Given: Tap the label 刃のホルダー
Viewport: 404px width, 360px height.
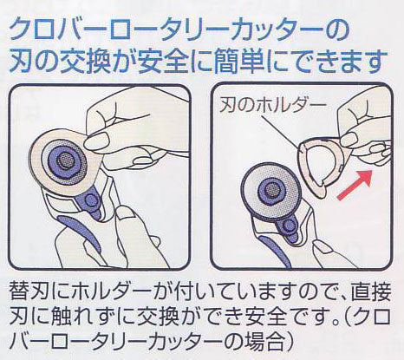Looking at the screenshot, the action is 272,106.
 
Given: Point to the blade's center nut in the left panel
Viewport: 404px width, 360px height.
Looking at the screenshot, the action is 65,160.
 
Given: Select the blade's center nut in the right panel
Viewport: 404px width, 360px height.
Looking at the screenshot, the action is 271,189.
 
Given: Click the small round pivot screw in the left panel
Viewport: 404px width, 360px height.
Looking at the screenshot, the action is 92,200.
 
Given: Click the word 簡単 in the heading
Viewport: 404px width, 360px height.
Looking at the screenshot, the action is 235,62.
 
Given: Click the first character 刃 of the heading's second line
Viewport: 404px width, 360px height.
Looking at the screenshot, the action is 20,62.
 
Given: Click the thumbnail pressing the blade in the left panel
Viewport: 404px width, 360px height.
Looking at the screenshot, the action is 95,139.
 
